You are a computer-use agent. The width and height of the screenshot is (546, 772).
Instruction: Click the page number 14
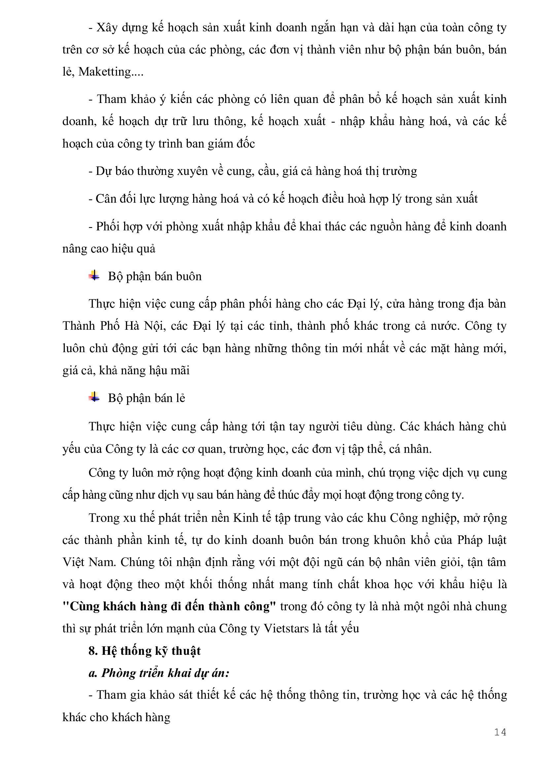coord(500,732)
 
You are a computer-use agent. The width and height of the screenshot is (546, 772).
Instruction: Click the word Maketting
coord(105,72)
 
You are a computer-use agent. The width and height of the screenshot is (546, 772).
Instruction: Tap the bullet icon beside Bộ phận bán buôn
coord(94,276)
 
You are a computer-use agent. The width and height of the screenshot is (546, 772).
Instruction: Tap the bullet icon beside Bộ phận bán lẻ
coord(94,397)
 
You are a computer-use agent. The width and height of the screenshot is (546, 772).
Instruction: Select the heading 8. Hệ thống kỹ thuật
coord(145,651)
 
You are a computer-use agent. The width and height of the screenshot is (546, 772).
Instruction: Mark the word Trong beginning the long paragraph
coord(105,518)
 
